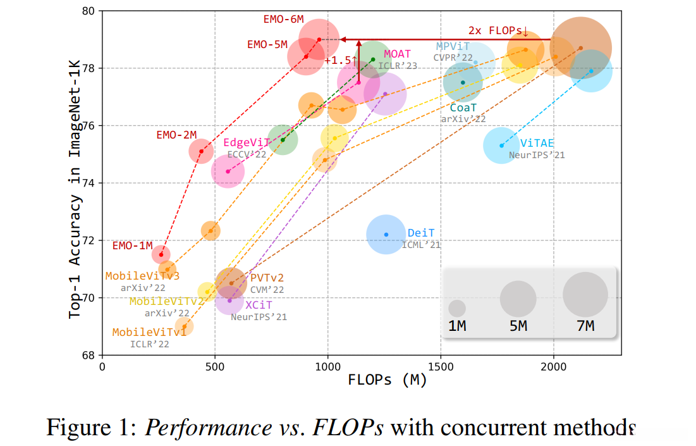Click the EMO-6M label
coord(284,19)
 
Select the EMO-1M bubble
coord(161,254)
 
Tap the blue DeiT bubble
coord(386,235)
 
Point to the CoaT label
coord(463,108)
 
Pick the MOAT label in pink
coord(397,54)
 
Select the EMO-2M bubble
coord(202,151)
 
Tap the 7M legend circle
coord(585,294)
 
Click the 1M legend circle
coord(457,308)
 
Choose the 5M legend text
coord(518,326)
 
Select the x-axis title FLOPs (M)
coord(387,381)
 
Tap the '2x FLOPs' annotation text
coord(498,30)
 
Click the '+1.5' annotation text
coord(337,60)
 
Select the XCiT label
coord(259,305)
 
